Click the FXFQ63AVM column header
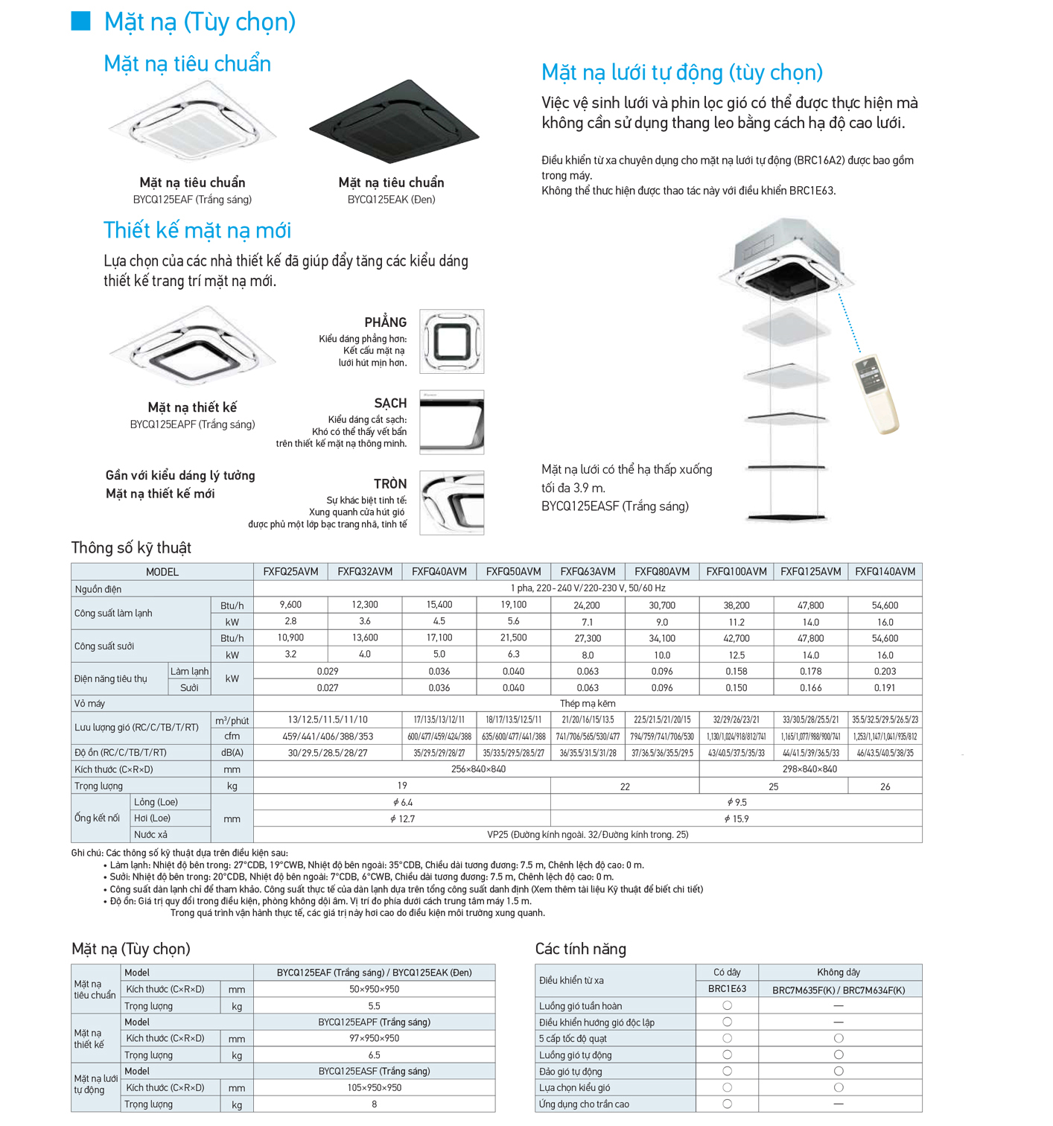click(588, 572)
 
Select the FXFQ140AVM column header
click(885, 572)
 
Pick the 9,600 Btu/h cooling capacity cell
click(290, 605)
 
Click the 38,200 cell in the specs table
click(737, 605)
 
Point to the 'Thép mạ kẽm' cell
click(588, 703)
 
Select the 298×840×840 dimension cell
click(810, 769)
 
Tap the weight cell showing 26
click(885, 786)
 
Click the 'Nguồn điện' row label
click(98, 589)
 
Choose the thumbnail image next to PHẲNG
click(452, 342)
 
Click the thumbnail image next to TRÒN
click(452, 503)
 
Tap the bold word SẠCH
click(390, 404)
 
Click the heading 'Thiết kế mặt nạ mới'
click(197, 230)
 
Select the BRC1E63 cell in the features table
click(727, 990)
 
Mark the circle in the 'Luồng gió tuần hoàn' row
click(727, 1006)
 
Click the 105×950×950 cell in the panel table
click(374, 1088)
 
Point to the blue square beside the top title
click(80, 21)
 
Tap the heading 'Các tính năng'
click(581, 949)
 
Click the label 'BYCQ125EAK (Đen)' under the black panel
click(391, 200)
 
